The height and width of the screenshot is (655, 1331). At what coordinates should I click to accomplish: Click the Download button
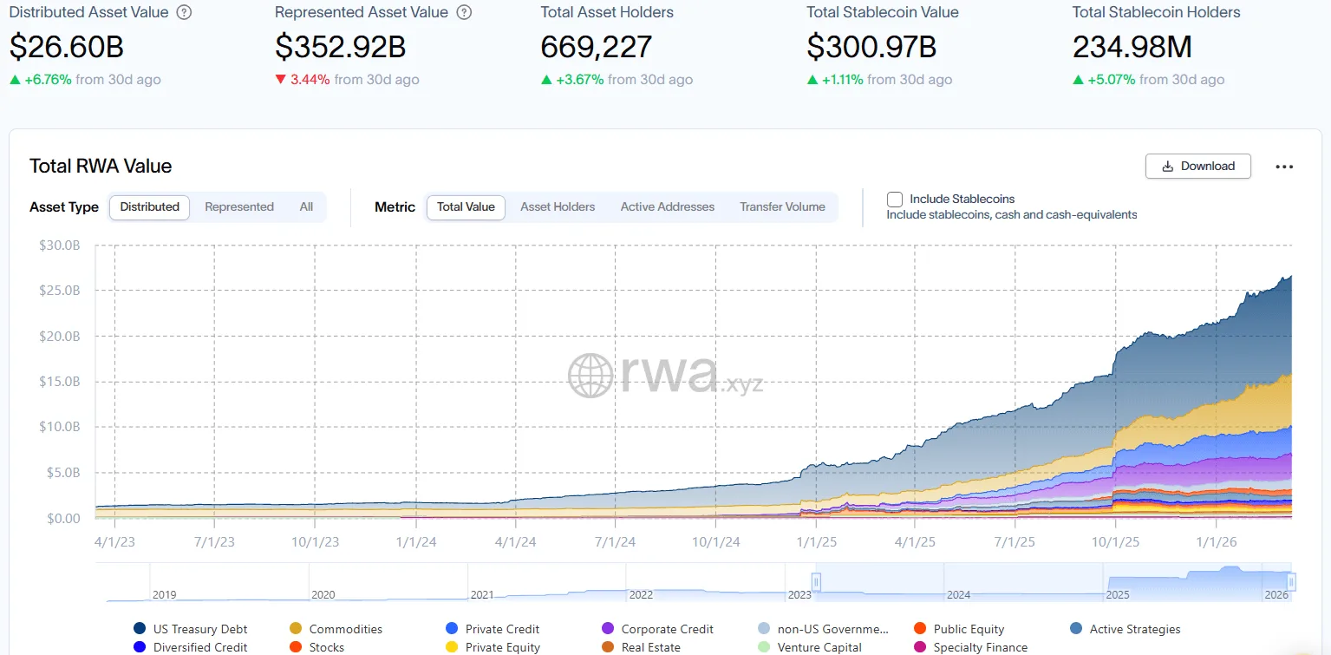click(x=1197, y=167)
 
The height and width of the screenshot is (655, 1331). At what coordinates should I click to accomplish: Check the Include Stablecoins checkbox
click(x=895, y=200)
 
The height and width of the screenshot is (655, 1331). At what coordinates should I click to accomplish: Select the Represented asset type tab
click(x=239, y=207)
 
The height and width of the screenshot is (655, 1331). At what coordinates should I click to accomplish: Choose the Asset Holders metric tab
click(x=558, y=207)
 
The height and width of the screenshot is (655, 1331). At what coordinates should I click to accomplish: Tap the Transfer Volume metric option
click(x=782, y=207)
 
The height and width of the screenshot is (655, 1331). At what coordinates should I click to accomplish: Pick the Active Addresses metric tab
click(x=667, y=207)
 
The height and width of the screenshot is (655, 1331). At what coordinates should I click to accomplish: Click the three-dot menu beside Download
click(x=1284, y=167)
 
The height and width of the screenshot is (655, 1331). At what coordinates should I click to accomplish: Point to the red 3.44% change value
click(x=310, y=80)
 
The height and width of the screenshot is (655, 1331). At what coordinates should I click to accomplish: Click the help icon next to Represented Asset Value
click(x=464, y=13)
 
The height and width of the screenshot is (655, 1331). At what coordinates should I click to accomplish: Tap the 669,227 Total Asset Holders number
click(x=596, y=46)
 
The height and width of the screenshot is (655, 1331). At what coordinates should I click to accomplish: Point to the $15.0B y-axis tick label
click(x=59, y=382)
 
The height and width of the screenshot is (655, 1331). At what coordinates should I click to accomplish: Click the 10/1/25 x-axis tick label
click(x=1115, y=542)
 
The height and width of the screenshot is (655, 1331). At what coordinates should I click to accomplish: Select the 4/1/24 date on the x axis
click(x=515, y=542)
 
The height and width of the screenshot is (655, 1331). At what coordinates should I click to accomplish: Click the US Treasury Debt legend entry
click(x=199, y=629)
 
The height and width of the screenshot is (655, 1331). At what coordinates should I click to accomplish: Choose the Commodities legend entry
click(x=345, y=629)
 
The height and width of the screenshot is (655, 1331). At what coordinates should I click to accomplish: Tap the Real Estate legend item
click(x=650, y=647)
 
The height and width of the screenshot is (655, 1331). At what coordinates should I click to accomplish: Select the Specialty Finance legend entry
click(x=980, y=647)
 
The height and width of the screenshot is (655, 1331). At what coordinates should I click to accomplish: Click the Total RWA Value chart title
click(x=101, y=167)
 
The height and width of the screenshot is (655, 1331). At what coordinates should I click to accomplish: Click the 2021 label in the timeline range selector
click(x=482, y=595)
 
